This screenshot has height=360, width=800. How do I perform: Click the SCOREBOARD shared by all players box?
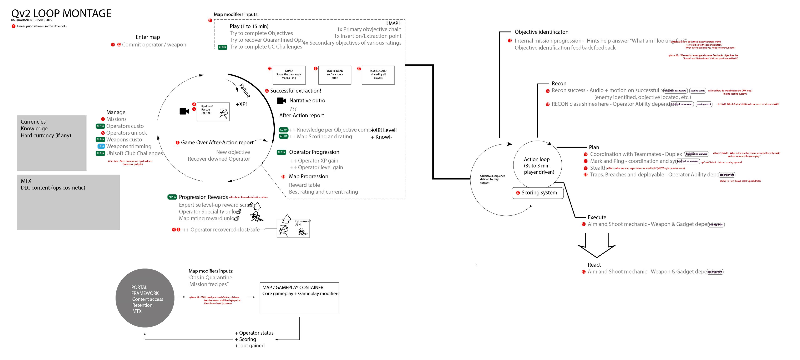[378, 75]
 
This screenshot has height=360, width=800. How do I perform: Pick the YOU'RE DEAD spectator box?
[334, 75]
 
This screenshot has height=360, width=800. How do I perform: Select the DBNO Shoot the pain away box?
[289, 75]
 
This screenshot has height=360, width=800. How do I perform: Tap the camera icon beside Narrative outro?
[281, 101]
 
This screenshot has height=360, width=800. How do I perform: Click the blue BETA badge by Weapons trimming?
[101, 146]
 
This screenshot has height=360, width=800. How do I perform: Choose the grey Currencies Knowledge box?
[52, 143]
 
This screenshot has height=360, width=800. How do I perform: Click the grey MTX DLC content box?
[68, 202]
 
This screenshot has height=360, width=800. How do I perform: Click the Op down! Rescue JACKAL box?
[213, 111]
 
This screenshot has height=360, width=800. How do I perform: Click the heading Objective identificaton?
[541, 32]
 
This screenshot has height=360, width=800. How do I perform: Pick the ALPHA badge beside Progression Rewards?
[172, 197]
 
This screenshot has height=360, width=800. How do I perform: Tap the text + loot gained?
[250, 346]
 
